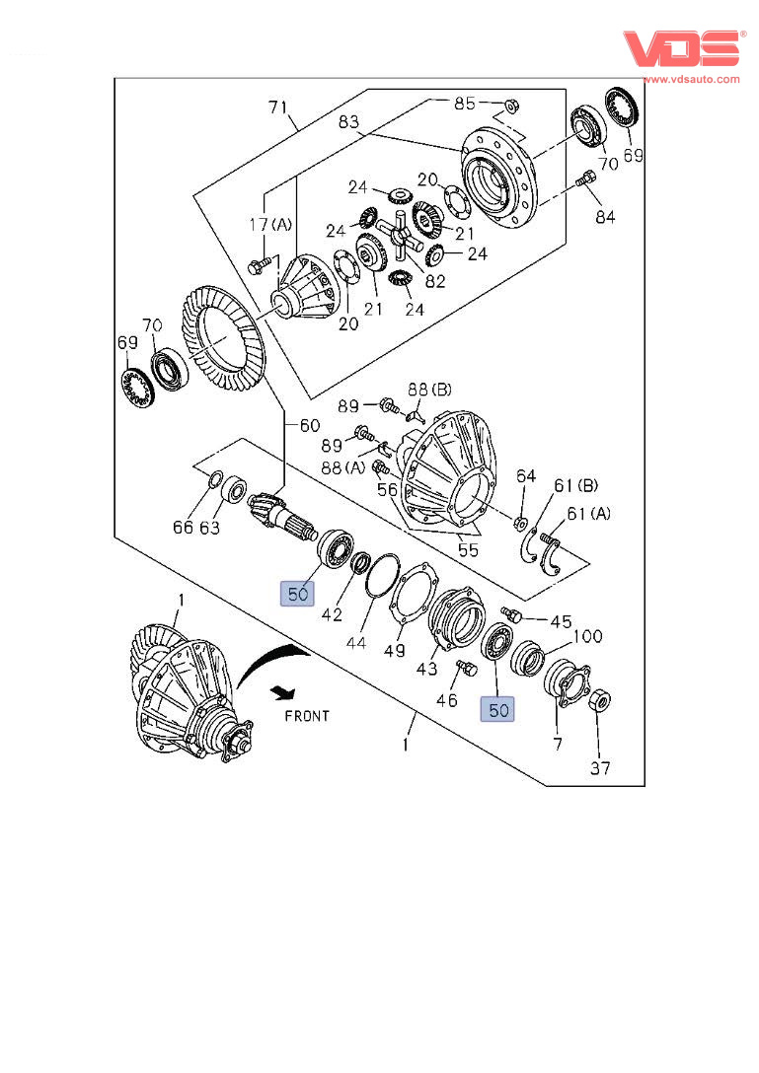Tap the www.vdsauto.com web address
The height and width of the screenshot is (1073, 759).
pyautogui.click(x=691, y=78)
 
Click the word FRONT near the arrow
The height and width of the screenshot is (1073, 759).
pyautogui.click(x=307, y=716)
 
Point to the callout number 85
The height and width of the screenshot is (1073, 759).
pyautogui.click(x=464, y=103)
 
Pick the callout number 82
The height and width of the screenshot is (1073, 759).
pyautogui.click(x=434, y=281)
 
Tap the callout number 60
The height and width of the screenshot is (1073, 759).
pyautogui.click(x=310, y=425)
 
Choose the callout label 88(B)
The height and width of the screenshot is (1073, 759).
pyautogui.click(x=431, y=391)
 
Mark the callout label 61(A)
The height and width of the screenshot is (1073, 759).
pyautogui.click(x=588, y=513)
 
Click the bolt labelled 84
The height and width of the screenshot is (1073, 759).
pyautogui.click(x=583, y=180)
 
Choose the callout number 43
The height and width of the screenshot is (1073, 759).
pyautogui.click(x=427, y=670)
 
